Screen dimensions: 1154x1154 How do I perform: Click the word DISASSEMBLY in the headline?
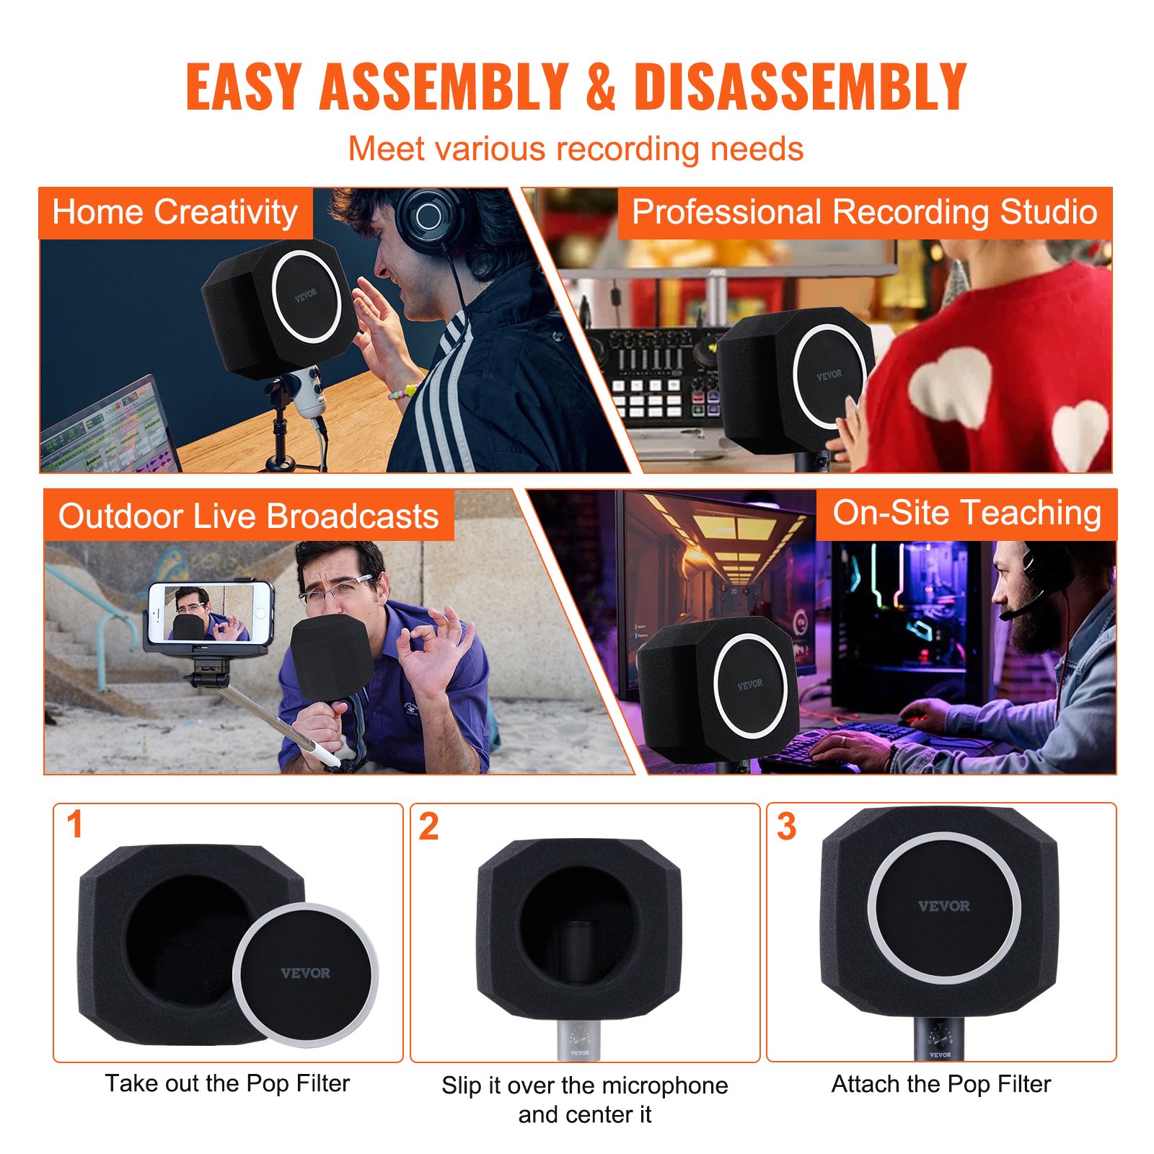point(800,87)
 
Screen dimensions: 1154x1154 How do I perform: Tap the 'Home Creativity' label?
point(175,213)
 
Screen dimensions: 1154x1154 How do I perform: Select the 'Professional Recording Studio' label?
point(864,213)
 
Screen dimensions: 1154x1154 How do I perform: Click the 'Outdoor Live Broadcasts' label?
point(248,516)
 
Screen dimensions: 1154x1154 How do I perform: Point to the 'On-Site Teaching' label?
point(966,514)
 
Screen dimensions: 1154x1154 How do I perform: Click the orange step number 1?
point(74,825)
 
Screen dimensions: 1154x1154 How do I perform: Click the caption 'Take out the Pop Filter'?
point(227,1083)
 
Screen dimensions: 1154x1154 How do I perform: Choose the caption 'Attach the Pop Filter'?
point(941,1084)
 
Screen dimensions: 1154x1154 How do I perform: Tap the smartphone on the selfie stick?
point(210,613)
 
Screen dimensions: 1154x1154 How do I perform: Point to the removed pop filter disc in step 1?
point(305,974)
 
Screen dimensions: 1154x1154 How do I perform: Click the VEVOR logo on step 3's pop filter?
point(943,907)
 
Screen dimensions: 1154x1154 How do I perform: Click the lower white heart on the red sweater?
point(1080,433)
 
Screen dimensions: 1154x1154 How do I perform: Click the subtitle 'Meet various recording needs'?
point(576,149)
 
